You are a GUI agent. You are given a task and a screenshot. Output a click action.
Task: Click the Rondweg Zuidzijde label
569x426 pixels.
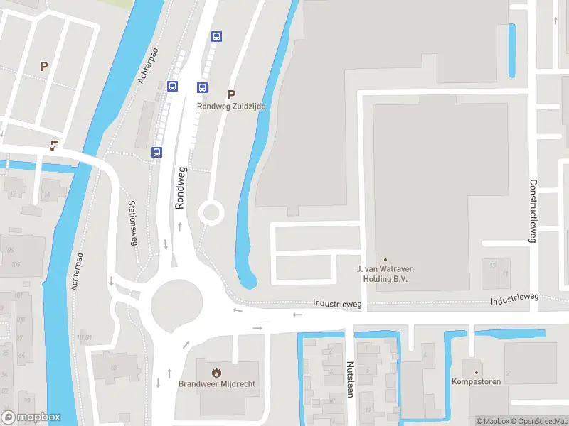[230, 106]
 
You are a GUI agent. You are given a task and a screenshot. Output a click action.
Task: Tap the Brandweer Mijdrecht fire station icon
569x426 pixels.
[217, 372]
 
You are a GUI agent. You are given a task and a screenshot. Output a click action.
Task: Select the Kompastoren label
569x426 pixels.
[477, 382]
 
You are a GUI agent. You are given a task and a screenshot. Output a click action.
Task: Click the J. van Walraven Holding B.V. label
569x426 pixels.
[385, 273]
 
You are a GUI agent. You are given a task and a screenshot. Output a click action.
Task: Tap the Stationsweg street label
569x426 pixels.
[132, 223]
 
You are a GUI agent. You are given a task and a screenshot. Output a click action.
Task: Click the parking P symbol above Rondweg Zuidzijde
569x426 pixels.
[230, 94]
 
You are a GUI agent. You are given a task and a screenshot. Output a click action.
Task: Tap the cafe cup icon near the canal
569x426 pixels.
[55, 145]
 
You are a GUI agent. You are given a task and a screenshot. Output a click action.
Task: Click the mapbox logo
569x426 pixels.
[31, 417]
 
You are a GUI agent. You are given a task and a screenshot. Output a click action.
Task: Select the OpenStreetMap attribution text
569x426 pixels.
[537, 421]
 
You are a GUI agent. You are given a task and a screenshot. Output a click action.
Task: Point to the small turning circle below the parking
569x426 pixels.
[211, 212]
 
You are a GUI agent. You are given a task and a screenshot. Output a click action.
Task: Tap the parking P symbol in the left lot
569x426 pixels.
[43, 66]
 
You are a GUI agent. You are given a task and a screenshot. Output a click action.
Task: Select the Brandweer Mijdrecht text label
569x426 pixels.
[217, 384]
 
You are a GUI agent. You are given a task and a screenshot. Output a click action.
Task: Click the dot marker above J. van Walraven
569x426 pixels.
[385, 259]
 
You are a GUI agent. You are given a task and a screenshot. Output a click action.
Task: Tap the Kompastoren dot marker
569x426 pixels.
[477, 371]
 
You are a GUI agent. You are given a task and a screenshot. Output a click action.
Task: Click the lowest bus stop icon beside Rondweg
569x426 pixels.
[156, 151]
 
